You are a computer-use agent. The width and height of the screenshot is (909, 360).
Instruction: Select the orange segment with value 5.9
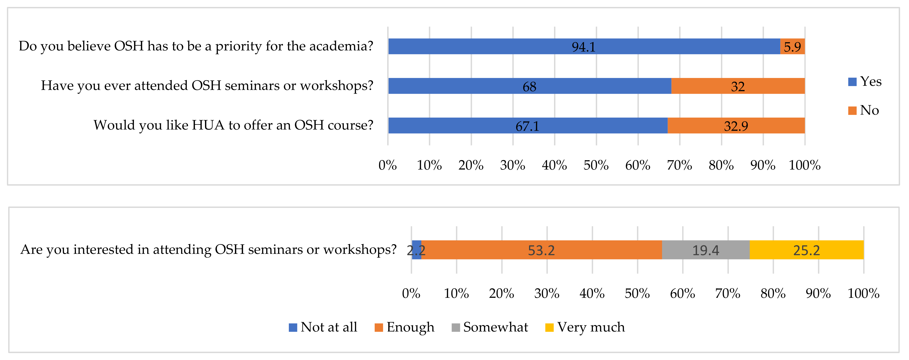click(792, 46)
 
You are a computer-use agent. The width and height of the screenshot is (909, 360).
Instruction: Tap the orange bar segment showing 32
click(738, 86)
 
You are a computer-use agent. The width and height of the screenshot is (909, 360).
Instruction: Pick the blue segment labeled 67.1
click(527, 126)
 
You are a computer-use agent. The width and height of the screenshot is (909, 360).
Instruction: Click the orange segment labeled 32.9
click(736, 126)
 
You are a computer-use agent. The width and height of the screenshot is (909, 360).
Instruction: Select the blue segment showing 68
click(529, 86)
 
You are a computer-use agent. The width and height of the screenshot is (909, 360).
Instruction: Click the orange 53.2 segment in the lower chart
click(541, 250)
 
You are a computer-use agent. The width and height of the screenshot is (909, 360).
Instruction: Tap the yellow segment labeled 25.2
click(806, 250)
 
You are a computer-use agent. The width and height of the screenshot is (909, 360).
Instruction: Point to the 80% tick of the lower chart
click(773, 293)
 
